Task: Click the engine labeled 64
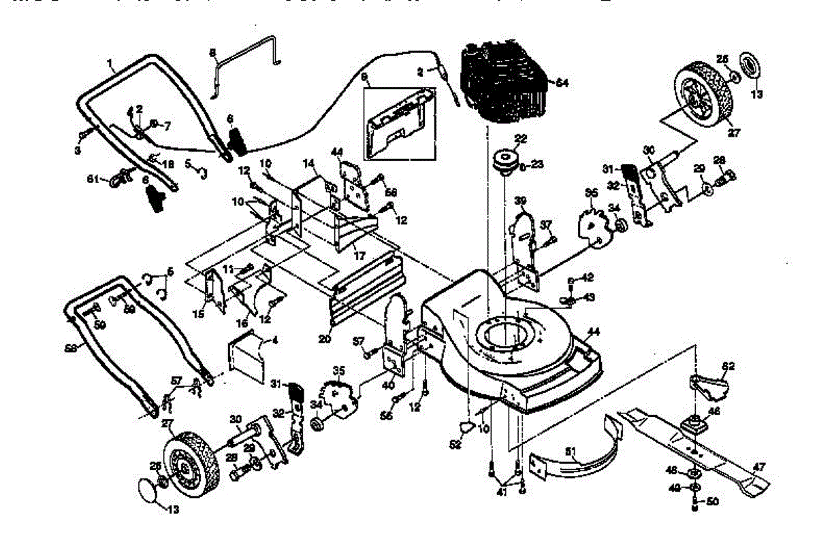pos(504,85)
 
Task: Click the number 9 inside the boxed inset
pos(364,78)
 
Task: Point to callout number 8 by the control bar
pos(212,53)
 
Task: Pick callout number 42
pos(588,277)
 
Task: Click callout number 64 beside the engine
pos(562,82)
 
